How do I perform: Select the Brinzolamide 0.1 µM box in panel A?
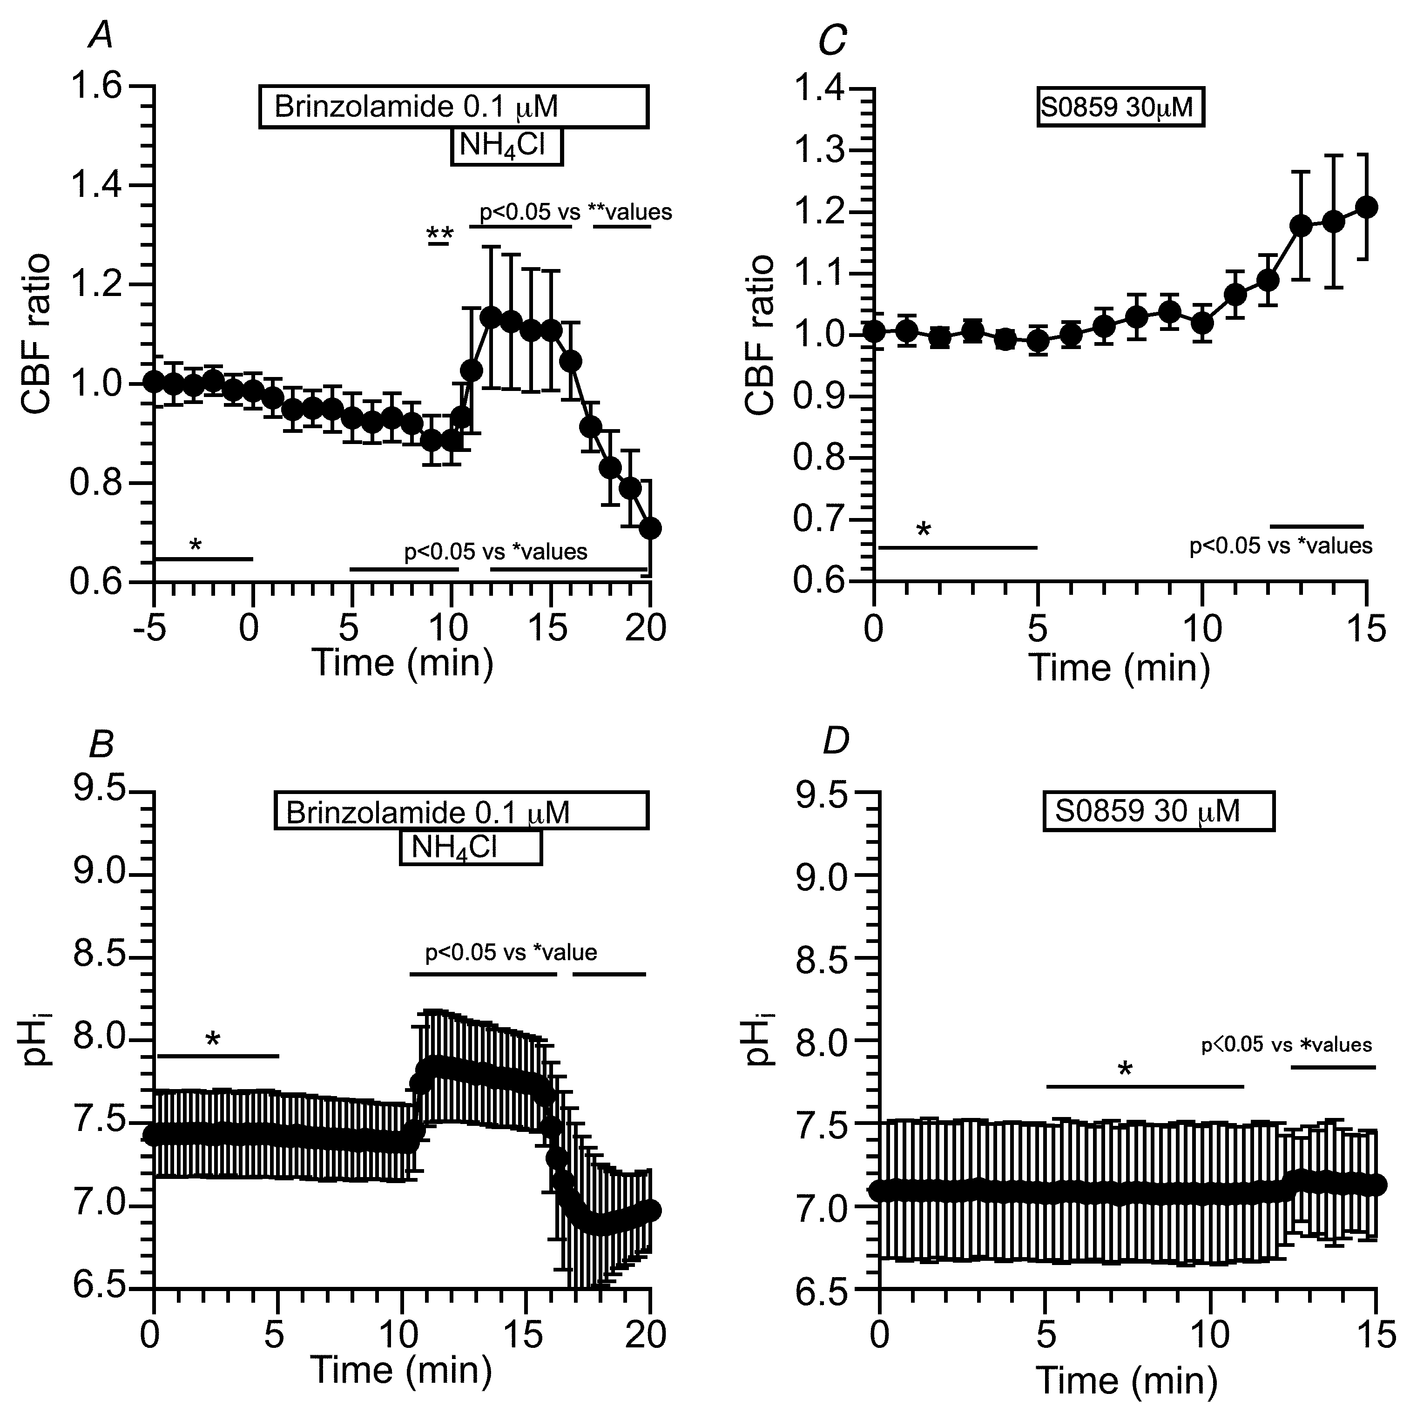(453, 108)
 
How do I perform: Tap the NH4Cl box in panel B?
(471, 848)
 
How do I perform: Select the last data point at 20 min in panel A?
(650, 528)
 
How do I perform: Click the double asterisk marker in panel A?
(439, 234)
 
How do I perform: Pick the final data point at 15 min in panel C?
(1366, 207)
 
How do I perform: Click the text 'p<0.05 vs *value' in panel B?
(511, 953)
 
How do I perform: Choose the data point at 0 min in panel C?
(874, 331)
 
